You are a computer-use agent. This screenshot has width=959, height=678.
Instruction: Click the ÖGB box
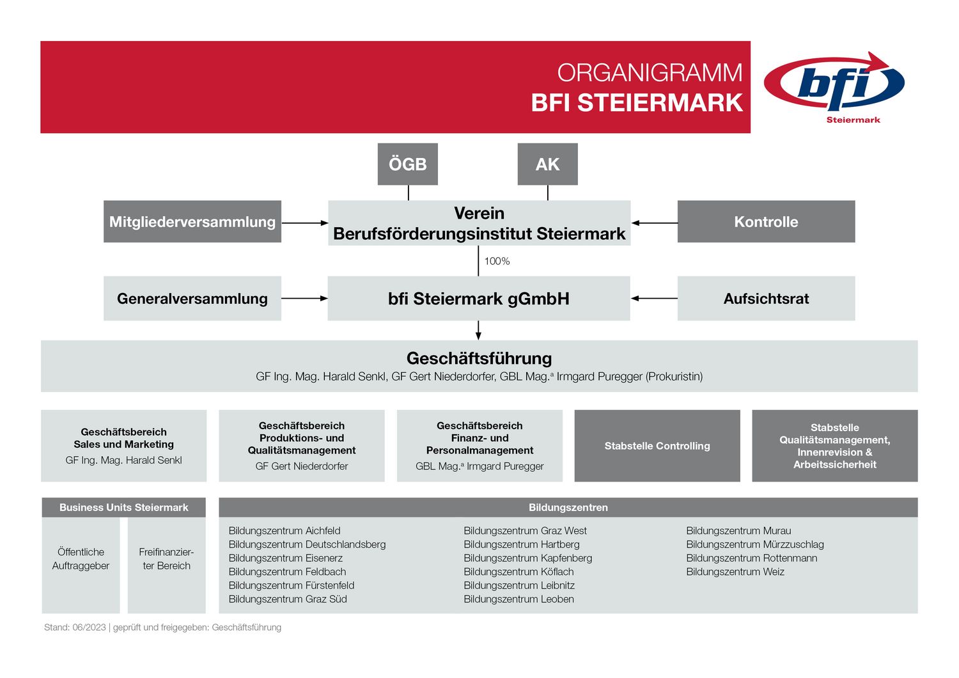pos(408,164)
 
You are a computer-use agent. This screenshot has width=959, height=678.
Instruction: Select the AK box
pos(547,164)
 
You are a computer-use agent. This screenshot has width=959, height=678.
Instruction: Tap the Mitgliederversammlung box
pos(192,221)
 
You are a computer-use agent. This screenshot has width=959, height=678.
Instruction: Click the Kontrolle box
pos(767,221)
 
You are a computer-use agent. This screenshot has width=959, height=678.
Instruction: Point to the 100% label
pos(497,261)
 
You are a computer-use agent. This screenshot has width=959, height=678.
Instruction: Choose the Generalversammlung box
pos(192,299)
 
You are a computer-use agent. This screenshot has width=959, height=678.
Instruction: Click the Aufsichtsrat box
pos(767,299)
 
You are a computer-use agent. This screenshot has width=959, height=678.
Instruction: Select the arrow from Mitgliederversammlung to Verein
pos(305,223)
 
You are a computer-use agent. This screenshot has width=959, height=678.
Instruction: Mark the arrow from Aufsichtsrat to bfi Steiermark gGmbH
pos(654,298)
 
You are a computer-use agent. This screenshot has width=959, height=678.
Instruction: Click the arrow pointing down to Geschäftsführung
pos(478,330)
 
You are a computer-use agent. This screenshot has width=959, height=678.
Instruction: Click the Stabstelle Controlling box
pos(657,446)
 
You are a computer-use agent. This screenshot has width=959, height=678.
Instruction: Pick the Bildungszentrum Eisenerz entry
pos(286,558)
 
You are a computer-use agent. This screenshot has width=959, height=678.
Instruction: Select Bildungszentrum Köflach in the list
pos(518,572)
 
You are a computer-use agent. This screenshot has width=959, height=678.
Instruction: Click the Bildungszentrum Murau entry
pos(738,531)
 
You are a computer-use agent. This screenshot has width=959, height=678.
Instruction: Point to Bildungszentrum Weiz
pos(735,572)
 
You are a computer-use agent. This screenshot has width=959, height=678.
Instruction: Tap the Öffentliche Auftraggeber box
pos(81,565)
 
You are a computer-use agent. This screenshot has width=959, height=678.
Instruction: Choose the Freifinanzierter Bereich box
pos(166,565)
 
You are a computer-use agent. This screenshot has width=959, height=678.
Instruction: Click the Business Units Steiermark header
pos(124,507)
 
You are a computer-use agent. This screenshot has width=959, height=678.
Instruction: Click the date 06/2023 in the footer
pos(89,627)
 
